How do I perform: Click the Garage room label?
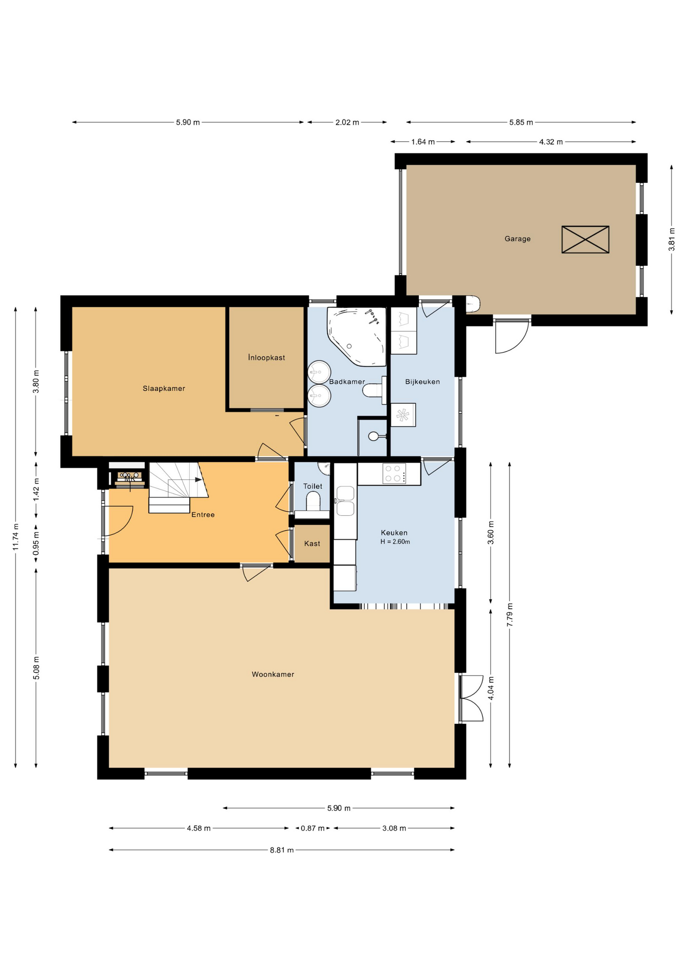pos(518,239)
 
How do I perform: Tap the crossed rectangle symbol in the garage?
pos(585,239)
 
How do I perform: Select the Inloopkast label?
pos(267,357)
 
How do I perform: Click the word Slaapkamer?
pos(164,388)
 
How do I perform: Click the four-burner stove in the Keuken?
pos(394,474)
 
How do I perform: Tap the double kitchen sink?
pos(346,501)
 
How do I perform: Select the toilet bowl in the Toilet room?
pos(313,502)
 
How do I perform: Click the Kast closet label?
pos(312,544)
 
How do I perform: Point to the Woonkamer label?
pos(273,674)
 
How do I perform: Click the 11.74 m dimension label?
pos(16,537)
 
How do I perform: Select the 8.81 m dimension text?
pos(282,850)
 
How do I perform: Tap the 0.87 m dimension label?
pos(313,828)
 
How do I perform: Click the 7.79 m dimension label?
pos(510,615)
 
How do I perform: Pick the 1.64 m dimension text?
pos(423,142)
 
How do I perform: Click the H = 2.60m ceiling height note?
pos(395,542)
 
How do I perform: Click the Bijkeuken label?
pos(422,382)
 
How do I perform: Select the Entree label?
pos(203,515)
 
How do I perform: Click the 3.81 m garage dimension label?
pos(672,239)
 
